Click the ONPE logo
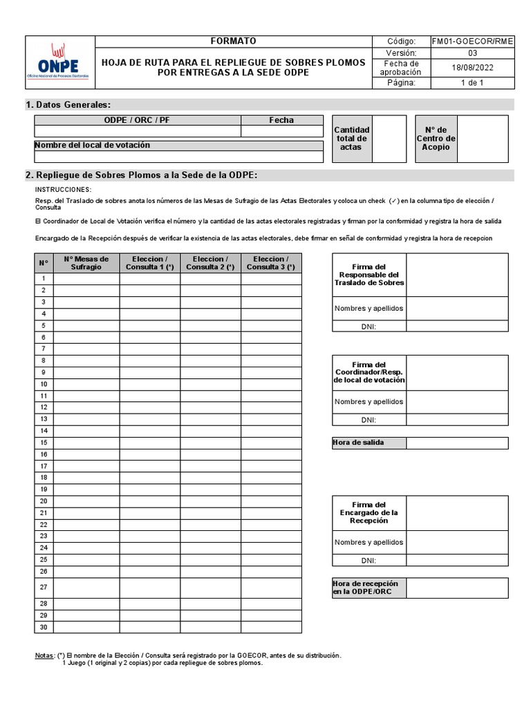tap(59, 62)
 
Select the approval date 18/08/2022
tap(472, 68)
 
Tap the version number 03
tap(472, 53)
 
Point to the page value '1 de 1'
tap(472, 83)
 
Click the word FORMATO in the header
tap(233, 41)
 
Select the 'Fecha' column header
tap(281, 120)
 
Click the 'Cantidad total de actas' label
tap(351, 139)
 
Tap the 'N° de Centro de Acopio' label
tap(436, 139)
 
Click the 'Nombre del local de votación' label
tap(92, 145)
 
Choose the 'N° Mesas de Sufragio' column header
tap(86, 263)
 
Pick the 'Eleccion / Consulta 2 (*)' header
tap(210, 263)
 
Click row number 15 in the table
tap(44, 443)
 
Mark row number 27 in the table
tap(44, 588)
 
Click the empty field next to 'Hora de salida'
tap(457, 443)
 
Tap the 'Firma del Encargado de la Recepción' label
tap(369, 513)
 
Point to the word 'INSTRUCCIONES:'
tap(63, 189)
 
